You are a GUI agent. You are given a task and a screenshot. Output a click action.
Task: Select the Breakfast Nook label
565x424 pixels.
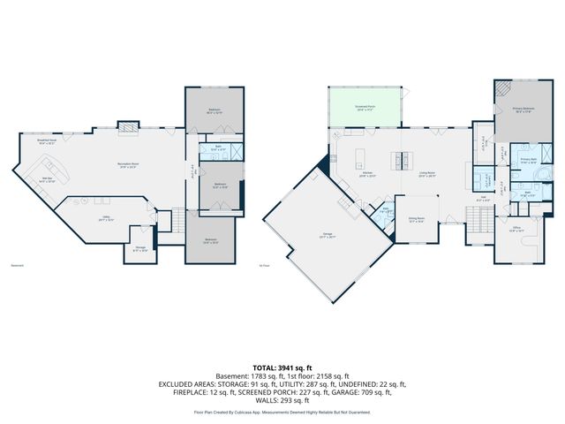[47, 141]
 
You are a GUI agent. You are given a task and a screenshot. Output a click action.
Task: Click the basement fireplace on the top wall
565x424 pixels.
[129, 126]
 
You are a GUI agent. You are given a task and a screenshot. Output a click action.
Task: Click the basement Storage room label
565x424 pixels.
[139, 250]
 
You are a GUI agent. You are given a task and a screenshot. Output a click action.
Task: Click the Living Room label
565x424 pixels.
[428, 175]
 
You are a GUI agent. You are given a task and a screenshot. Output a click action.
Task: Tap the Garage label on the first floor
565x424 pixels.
[314, 235]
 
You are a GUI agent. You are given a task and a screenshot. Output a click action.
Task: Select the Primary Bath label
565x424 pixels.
[529, 163]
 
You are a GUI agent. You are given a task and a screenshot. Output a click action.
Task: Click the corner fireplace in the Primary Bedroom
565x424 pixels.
[501, 88]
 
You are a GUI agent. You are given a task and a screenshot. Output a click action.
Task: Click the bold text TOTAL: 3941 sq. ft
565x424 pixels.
[282, 367]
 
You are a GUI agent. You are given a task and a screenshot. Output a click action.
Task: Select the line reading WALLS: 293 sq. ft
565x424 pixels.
[282, 402]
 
